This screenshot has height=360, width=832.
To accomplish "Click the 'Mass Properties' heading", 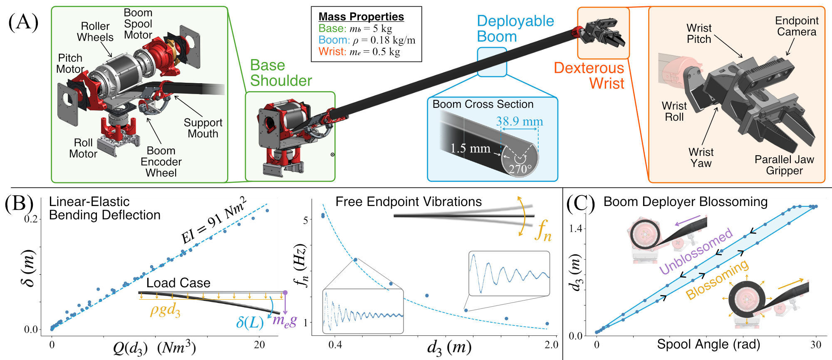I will coord(361,17).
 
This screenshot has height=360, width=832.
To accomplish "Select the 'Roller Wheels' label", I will coord(95,32).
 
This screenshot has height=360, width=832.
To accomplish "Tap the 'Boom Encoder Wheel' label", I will coord(161,162).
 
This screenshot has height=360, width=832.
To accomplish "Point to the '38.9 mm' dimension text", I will coord(519,122).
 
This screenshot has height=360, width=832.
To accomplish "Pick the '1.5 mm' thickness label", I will coord(470,148).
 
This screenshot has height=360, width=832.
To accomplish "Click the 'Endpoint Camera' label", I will coord(797,26).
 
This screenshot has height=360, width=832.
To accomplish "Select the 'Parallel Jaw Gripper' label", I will coord(784,165).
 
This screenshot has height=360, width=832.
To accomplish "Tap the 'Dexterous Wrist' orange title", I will coord(589,76).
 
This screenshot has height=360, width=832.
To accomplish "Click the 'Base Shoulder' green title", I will coord(281,73).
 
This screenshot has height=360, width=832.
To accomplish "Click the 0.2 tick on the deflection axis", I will coord(31,219).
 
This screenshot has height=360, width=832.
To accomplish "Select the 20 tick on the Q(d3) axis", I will coord(259,345).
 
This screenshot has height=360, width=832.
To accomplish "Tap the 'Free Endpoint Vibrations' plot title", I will coord(409,202).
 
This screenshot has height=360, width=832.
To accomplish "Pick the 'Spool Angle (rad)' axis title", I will coord(708,344).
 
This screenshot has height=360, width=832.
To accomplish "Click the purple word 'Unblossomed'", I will coord(696,251).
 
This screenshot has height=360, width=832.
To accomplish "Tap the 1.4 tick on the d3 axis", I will coord(575,228).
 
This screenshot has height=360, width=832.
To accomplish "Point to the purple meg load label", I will coord(285,320).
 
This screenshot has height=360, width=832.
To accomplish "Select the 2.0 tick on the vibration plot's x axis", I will coord(551,345).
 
